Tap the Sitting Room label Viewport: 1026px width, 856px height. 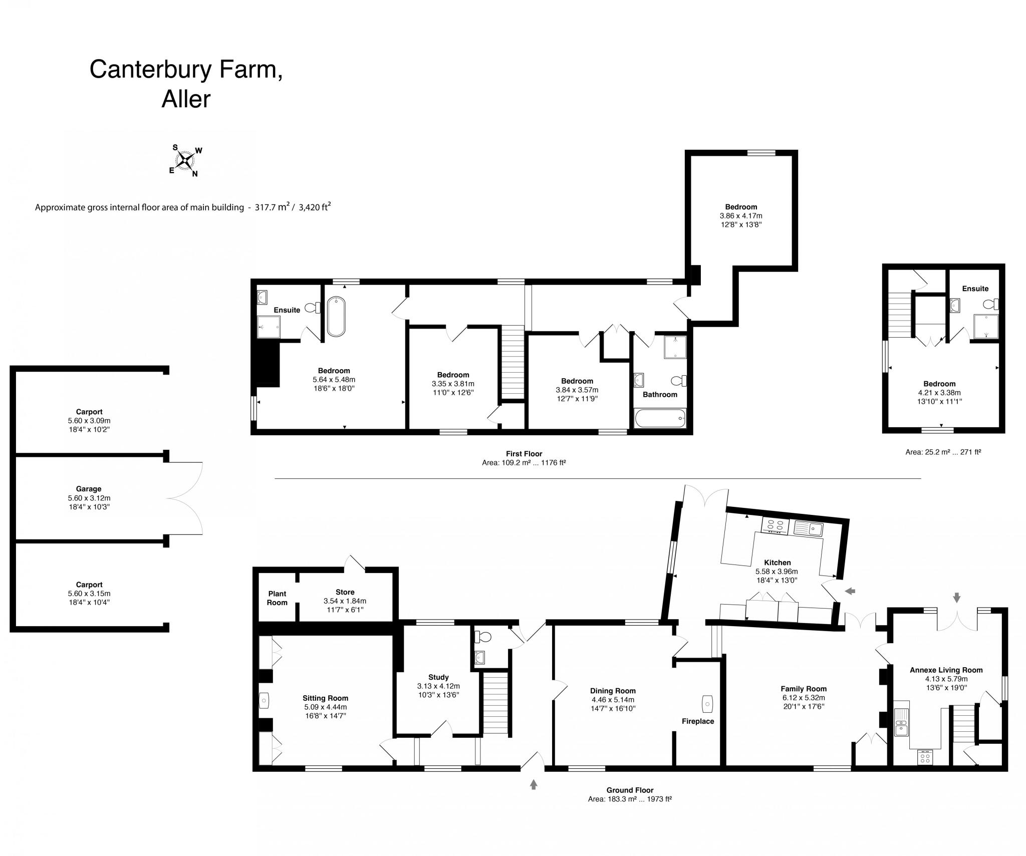[x=325, y=698]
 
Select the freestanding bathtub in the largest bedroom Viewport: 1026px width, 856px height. [x=336, y=316]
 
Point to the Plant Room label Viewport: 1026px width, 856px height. [x=277, y=598]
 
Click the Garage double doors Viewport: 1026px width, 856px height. [x=185, y=498]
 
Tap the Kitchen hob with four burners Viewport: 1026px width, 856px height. [x=775, y=525]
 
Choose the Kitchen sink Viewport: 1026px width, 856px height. [x=808, y=527]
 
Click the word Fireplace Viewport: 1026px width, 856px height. [x=697, y=721]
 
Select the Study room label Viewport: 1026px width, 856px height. [x=438, y=677]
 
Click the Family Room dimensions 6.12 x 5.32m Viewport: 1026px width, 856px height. [x=804, y=698]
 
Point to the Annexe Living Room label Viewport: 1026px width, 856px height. [x=946, y=670]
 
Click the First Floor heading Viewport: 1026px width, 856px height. [x=524, y=454]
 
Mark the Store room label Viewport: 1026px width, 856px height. [x=345, y=592]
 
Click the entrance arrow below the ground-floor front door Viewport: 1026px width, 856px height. [x=534, y=784]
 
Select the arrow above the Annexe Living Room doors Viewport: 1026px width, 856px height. [x=957, y=597]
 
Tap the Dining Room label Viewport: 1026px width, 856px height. [x=613, y=691]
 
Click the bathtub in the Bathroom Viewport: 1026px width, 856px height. [x=659, y=418]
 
